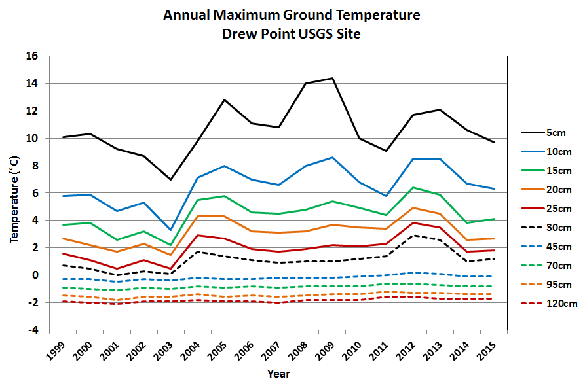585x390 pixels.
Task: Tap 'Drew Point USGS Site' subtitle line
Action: point(292,33)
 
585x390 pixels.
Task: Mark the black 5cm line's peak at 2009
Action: point(333,78)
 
